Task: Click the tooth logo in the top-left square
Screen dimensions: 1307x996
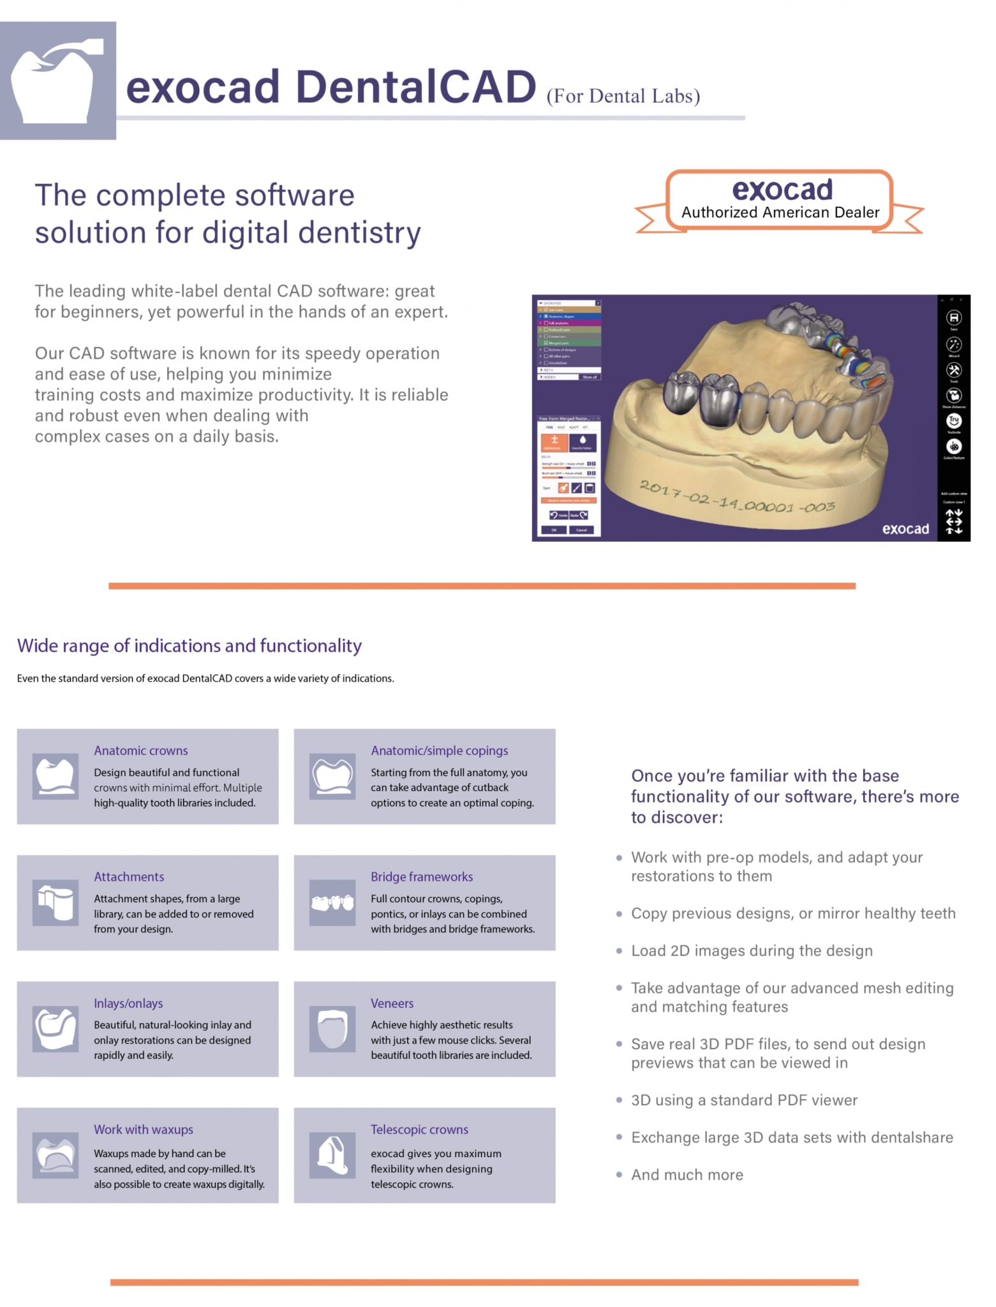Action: [57, 81]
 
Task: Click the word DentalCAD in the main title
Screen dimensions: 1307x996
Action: [415, 87]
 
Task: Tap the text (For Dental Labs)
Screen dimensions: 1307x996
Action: [623, 96]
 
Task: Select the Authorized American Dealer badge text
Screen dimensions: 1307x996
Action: [780, 213]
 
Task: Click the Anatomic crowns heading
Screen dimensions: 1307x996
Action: [140, 751]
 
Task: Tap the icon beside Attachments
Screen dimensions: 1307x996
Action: [56, 902]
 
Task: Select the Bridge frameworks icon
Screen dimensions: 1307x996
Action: [332, 902]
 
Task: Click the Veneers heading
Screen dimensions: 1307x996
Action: [392, 1003]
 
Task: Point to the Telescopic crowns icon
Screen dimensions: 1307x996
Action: [332, 1155]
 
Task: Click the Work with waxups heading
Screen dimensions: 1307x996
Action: [143, 1130]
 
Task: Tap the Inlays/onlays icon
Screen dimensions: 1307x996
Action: [56, 1029]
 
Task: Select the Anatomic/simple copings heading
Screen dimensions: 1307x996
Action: [439, 751]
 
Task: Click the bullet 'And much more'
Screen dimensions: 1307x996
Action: [687, 1175]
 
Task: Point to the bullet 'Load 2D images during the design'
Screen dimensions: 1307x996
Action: [751, 951]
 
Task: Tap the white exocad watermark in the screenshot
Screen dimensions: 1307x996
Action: [905, 529]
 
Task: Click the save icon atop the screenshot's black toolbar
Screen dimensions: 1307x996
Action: [953, 318]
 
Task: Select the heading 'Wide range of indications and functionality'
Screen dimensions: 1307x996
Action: [189, 646]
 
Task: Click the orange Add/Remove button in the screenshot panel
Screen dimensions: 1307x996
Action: [554, 442]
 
